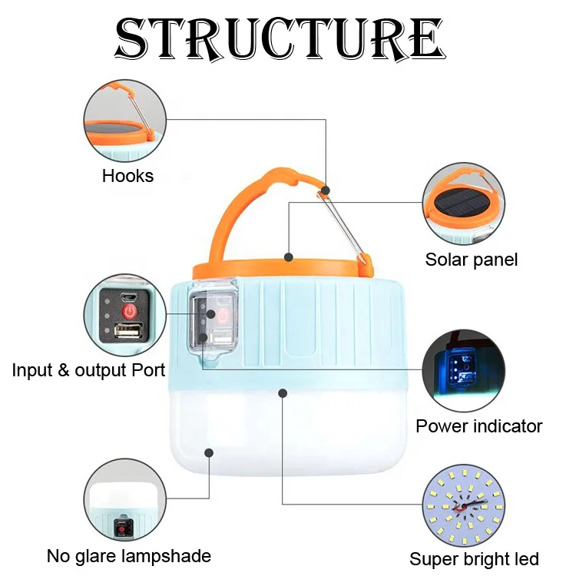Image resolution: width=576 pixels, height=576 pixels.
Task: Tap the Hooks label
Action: point(127,176)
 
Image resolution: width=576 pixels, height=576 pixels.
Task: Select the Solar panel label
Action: point(472,260)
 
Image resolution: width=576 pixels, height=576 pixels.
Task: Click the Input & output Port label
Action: point(88,370)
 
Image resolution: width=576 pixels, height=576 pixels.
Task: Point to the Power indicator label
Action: point(479,426)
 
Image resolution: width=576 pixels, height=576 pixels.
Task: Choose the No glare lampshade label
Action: point(129,555)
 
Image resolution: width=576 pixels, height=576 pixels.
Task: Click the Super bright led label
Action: point(474,558)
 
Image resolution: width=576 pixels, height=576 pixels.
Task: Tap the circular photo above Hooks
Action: point(124,119)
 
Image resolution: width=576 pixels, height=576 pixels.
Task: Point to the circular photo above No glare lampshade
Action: point(124,500)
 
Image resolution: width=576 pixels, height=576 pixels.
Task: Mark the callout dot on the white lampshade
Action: point(283,392)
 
